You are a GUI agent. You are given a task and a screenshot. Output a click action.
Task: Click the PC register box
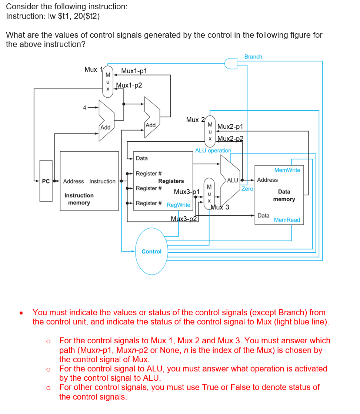point(46,181)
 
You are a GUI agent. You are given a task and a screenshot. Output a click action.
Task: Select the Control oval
point(151,251)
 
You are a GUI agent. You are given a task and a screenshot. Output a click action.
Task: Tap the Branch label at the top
point(253,57)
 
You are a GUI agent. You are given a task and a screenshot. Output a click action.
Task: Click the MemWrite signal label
point(287,170)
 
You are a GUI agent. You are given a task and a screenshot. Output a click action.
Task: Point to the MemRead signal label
point(287,220)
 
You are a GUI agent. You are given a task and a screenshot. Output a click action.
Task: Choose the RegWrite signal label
point(179,205)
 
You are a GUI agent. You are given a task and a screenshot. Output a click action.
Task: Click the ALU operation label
point(213,151)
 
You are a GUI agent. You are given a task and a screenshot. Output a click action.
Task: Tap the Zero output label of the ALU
point(247,189)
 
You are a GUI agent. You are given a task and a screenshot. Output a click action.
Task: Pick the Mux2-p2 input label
point(230,139)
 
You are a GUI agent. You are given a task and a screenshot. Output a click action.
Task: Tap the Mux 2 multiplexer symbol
point(210,131)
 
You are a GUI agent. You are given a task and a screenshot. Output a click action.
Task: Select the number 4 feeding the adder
point(84,108)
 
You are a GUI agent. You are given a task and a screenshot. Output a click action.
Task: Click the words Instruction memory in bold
point(79,199)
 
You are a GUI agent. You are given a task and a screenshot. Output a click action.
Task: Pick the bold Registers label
point(171,181)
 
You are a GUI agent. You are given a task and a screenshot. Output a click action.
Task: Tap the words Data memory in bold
point(284,195)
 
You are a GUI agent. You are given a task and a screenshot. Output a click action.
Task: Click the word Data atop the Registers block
point(141,158)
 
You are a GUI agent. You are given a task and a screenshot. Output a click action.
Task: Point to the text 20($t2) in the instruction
point(86,16)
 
